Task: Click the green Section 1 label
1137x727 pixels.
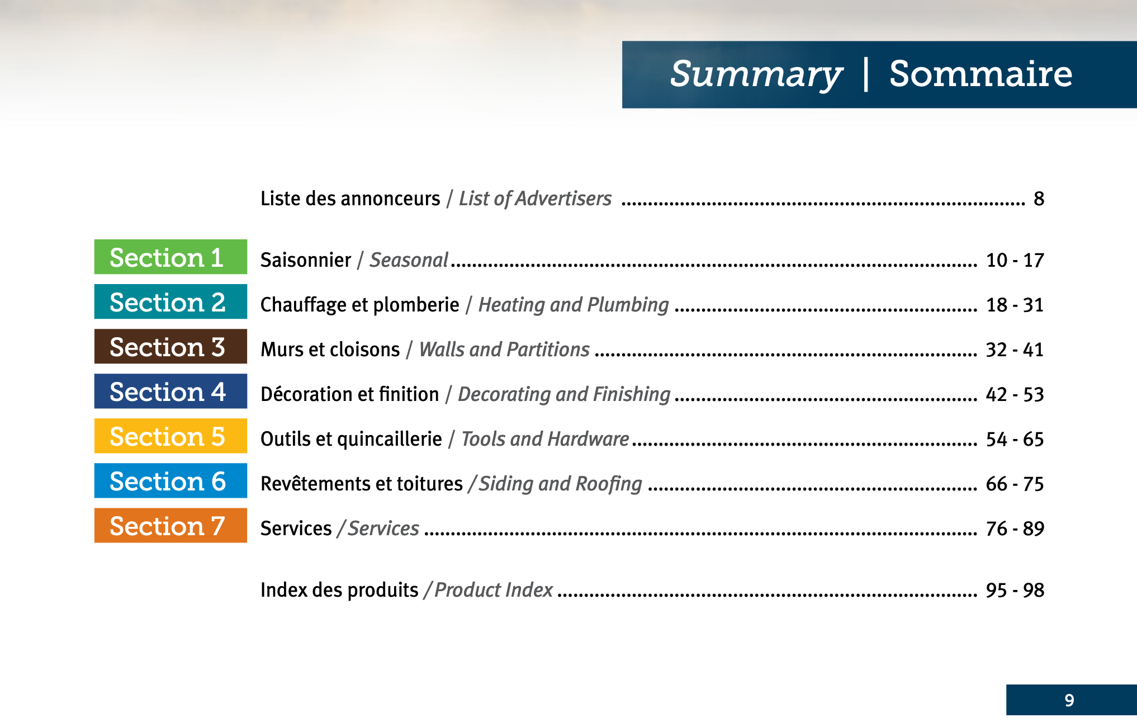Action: click(x=170, y=257)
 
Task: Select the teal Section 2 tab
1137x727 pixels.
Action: click(x=170, y=301)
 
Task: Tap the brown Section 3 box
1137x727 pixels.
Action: click(x=170, y=346)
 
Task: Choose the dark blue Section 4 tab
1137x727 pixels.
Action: click(x=170, y=391)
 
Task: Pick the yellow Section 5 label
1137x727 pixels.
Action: click(x=170, y=436)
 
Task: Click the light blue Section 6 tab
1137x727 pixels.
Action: click(x=170, y=480)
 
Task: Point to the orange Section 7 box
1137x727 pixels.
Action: click(x=170, y=525)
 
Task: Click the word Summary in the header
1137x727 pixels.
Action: click(x=756, y=75)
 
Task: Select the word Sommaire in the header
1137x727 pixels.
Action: click(x=981, y=74)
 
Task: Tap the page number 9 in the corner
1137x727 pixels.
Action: click(x=1069, y=700)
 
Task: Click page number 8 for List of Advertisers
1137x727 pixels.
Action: click(x=1039, y=199)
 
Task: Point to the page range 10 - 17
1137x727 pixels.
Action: click(x=1015, y=260)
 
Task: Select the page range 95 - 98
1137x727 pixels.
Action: click(x=1015, y=590)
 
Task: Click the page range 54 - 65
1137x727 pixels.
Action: click(x=1015, y=439)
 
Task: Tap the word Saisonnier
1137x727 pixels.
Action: click(x=306, y=260)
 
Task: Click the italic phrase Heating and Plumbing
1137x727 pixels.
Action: click(x=574, y=305)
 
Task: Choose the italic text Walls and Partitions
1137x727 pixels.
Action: click(x=504, y=350)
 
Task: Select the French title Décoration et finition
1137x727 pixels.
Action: click(x=350, y=394)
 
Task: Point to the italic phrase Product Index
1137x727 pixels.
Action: click(x=494, y=590)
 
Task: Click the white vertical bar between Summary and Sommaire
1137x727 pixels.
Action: click(x=866, y=74)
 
